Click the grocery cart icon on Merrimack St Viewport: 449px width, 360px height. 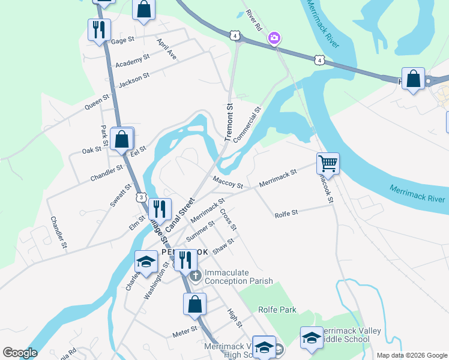coord(328,163)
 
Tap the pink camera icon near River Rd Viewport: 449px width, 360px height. coord(274,38)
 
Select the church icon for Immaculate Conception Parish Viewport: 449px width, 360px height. coord(195,276)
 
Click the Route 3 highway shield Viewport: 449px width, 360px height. coord(140,197)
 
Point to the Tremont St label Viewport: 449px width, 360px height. coord(229,122)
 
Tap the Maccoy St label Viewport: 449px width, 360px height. coord(227,182)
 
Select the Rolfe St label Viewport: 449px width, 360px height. coord(286,214)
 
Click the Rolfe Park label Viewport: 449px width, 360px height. coord(277,310)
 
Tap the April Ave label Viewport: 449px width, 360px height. coord(167,50)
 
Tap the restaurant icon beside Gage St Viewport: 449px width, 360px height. coord(99,29)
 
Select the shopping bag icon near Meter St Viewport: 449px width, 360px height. coord(194,304)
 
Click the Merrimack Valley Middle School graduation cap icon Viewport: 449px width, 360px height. coord(312,338)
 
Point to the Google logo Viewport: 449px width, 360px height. coord(20,353)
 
